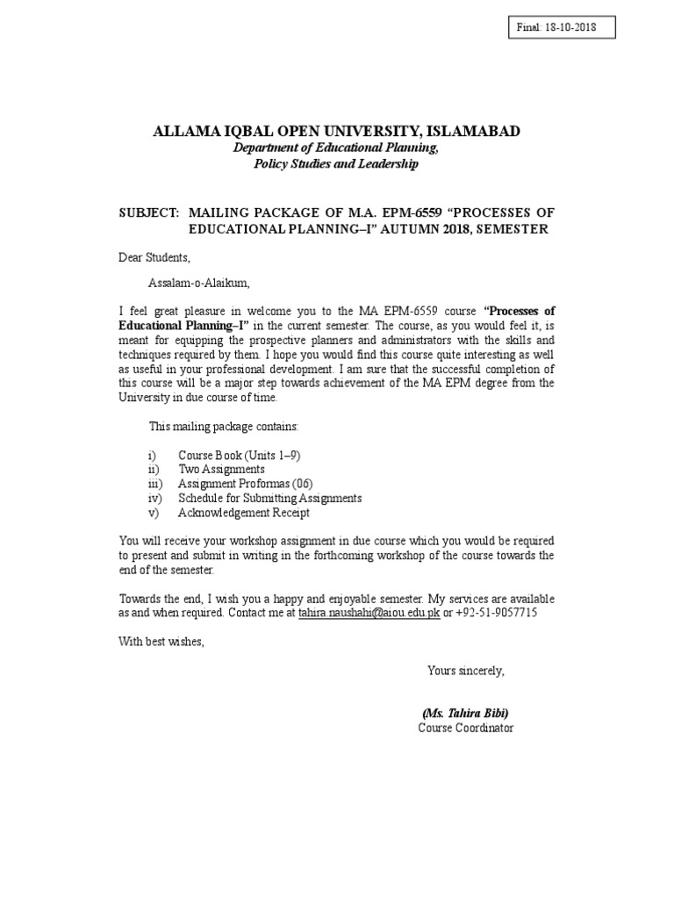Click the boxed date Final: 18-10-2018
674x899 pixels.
556,28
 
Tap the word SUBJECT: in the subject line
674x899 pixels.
148,213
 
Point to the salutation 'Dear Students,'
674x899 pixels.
154,257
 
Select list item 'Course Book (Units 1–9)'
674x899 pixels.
240,456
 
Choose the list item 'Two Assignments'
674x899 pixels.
221,470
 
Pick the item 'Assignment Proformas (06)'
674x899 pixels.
245,484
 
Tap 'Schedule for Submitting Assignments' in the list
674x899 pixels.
269,498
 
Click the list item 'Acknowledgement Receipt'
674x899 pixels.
243,513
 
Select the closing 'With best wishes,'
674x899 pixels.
161,641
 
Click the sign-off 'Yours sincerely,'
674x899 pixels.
465,671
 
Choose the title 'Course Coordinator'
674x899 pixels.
465,728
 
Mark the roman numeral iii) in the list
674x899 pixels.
155,484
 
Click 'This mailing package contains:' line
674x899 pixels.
224,427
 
